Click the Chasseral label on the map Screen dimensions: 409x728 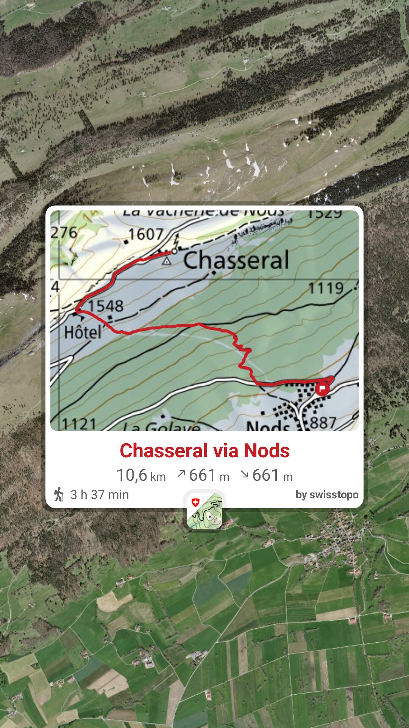click(236, 260)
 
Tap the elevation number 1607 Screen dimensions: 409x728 click(146, 234)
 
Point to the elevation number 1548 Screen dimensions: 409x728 click(106, 306)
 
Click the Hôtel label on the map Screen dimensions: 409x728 click(83, 333)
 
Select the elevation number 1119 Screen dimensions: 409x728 click(326, 288)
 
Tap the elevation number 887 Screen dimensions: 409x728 click(323, 422)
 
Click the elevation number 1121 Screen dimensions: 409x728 click(79, 424)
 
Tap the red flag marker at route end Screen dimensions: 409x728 click(322, 389)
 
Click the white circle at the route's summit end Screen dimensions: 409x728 click(174, 251)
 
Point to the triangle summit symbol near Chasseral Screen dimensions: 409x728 click(166, 261)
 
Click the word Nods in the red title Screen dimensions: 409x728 click(267, 451)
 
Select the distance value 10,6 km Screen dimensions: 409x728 click(141, 475)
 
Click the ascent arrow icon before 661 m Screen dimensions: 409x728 click(181, 474)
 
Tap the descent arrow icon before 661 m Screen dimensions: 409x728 click(245, 474)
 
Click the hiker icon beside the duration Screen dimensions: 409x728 click(59, 494)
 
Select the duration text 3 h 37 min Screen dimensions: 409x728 click(100, 495)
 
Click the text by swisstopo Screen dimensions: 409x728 click(327, 495)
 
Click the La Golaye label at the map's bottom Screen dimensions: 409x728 click(162, 427)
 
